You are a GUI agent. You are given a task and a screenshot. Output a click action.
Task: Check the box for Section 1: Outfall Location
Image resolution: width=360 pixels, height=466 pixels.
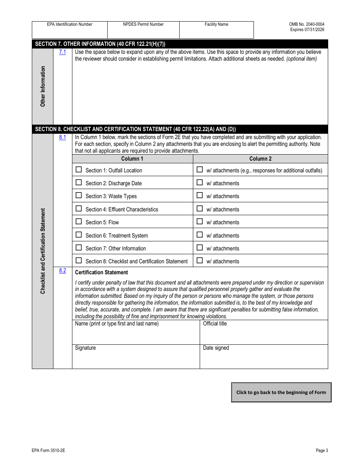pyautogui.click(x=79, y=170)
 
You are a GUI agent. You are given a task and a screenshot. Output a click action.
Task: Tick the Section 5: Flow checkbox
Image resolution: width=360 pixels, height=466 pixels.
pyautogui.click(x=79, y=222)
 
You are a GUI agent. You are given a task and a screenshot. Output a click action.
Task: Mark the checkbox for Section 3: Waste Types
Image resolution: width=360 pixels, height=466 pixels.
pyautogui.click(x=79, y=195)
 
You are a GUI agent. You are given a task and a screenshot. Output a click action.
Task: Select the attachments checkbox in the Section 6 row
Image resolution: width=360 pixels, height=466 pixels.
pyautogui.click(x=200, y=235)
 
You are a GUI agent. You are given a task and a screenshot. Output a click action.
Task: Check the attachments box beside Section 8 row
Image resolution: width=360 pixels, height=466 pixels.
pyautogui.click(x=200, y=261)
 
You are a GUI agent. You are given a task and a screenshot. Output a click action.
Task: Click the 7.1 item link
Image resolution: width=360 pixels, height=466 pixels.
pyautogui.click(x=63, y=52)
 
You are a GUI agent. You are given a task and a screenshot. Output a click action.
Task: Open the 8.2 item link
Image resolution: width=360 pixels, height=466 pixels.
pyautogui.click(x=63, y=271)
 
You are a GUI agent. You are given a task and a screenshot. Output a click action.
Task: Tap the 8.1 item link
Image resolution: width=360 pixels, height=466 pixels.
pyautogui.click(x=63, y=137)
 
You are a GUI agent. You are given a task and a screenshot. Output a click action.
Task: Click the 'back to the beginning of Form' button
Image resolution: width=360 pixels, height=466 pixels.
pyautogui.click(x=281, y=392)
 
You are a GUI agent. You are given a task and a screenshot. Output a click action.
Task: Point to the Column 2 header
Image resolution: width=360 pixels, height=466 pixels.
pyautogui.click(x=260, y=159)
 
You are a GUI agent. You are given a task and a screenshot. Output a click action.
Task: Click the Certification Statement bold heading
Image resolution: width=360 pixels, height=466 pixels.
pyautogui.click(x=102, y=272)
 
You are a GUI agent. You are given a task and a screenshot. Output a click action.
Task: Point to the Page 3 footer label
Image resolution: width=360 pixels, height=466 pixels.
pyautogui.click(x=322, y=450)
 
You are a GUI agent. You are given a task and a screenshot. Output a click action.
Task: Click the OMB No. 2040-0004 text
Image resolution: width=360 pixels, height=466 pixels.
pyautogui.click(x=307, y=24)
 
